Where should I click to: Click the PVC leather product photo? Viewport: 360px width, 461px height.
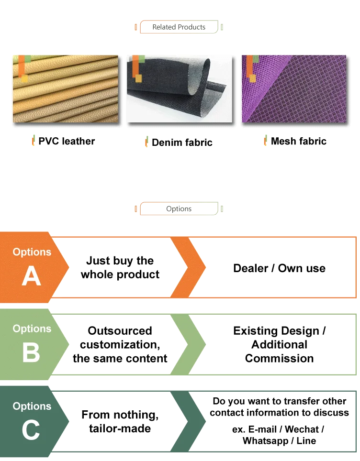click(66, 89)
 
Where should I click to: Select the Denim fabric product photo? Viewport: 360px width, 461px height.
click(180, 89)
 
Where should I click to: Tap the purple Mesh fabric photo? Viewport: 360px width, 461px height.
click(294, 89)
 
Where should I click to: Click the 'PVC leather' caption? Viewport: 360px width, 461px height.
click(67, 141)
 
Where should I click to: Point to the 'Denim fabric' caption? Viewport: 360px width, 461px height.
click(182, 143)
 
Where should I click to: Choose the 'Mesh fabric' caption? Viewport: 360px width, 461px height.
click(299, 141)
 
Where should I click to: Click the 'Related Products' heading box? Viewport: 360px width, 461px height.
click(179, 27)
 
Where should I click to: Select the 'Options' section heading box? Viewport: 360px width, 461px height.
click(178, 209)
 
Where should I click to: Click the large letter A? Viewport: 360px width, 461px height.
click(31, 276)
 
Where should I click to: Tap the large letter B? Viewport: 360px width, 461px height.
click(31, 352)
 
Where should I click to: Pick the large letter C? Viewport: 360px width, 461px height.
click(31, 430)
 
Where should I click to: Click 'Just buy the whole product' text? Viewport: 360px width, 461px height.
click(120, 268)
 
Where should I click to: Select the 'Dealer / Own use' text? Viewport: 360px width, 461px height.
click(280, 269)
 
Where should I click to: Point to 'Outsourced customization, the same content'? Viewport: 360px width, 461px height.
click(120, 344)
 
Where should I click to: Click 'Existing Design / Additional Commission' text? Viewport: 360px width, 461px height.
click(280, 344)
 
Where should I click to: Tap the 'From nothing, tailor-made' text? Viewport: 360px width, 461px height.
click(120, 422)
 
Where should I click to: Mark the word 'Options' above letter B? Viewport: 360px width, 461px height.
click(32, 329)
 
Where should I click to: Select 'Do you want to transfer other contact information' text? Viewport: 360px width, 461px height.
click(280, 407)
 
